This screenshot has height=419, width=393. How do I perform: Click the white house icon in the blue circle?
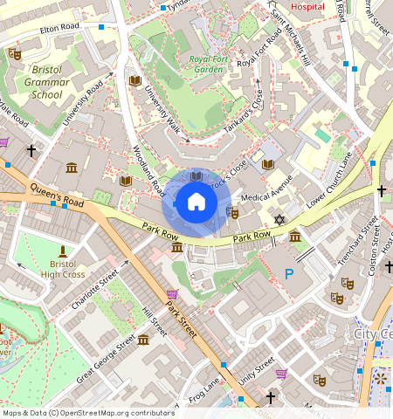[x=196, y=203]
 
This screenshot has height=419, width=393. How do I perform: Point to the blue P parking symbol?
[x=289, y=273]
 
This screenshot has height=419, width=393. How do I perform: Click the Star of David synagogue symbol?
[x=279, y=219]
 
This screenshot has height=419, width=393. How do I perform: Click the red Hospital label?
[x=307, y=6]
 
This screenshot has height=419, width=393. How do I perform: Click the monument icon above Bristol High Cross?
[x=61, y=251]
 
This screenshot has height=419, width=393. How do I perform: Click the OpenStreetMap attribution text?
[x=87, y=413]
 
